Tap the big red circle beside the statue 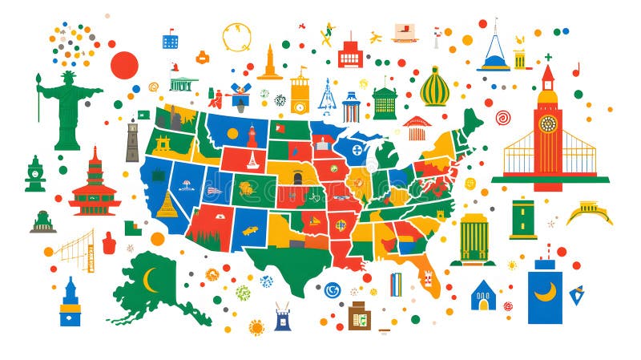(x=124, y=65)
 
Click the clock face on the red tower (x=548, y=123)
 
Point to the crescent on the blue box (x=545, y=292)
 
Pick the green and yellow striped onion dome (x=435, y=87)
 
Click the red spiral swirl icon (x=503, y=117)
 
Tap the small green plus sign (x=548, y=58)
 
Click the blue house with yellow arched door (x=483, y=296)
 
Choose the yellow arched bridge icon (x=589, y=212)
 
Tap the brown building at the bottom (x=359, y=316)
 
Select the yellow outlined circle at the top (x=237, y=37)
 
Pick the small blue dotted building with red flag (x=170, y=40)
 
